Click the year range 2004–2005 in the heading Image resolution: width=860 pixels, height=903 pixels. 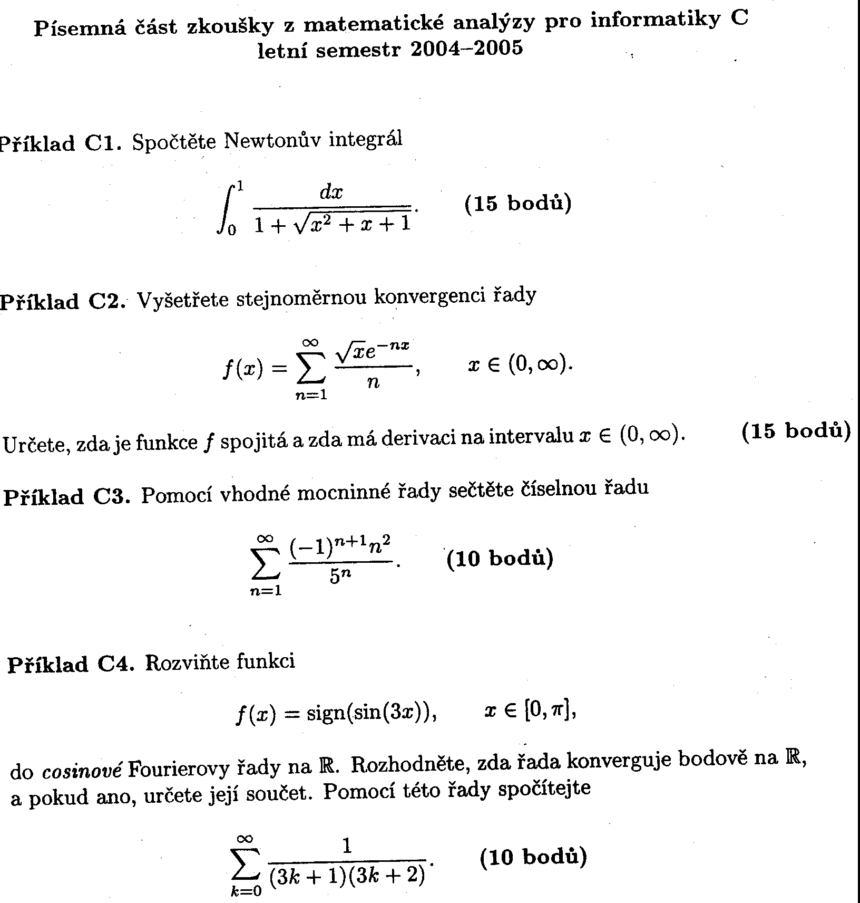(466, 49)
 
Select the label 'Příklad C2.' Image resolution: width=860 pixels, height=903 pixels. (62, 302)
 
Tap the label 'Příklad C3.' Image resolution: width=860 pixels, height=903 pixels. (66, 497)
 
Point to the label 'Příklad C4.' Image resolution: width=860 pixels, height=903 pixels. (70, 664)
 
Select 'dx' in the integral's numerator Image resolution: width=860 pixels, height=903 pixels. (331, 193)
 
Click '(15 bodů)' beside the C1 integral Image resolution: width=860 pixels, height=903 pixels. (517, 204)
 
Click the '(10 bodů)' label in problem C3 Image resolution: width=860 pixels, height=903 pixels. (500, 558)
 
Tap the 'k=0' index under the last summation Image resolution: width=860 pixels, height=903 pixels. (245, 891)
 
